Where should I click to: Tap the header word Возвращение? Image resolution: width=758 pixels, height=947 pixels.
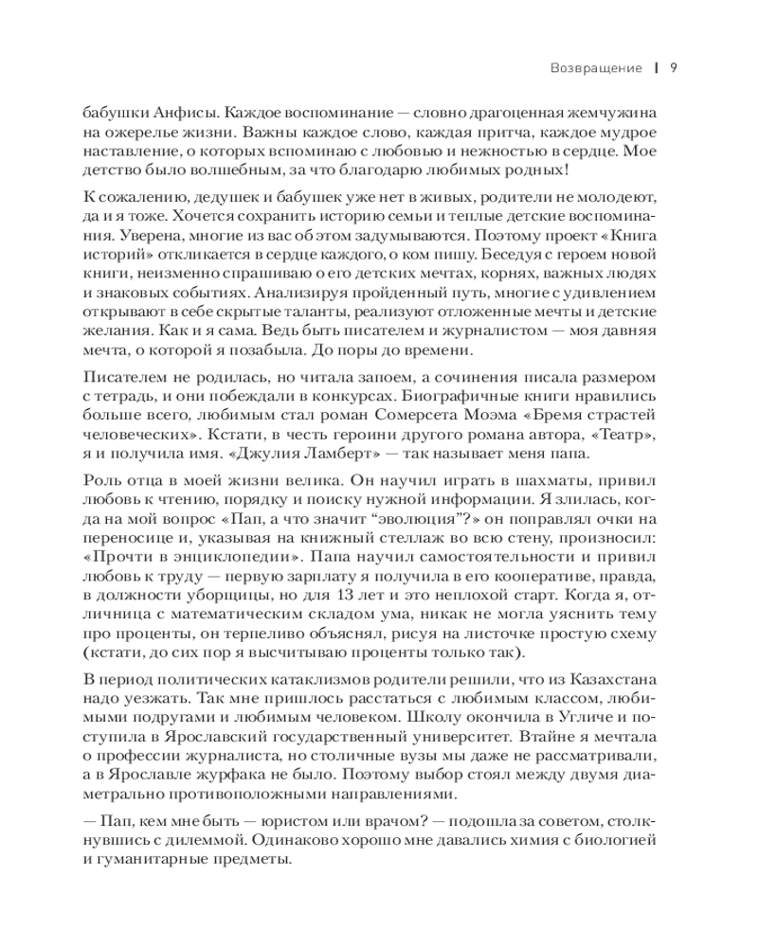(597, 67)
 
